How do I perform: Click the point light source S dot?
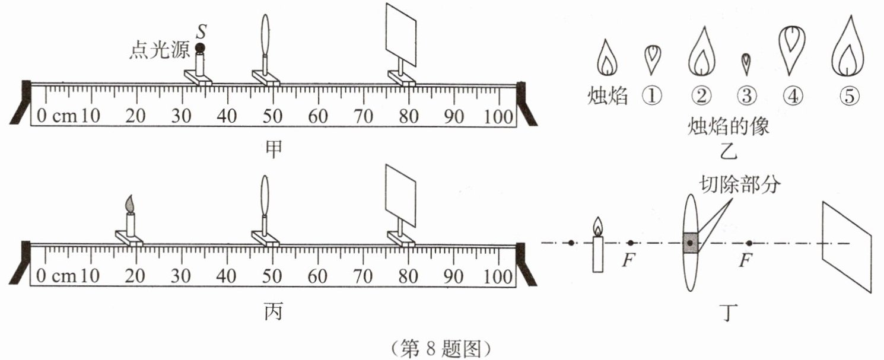coord(200,47)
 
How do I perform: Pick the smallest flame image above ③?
coord(746,62)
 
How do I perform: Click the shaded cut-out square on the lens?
coord(691,243)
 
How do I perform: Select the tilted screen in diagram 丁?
coord(847,246)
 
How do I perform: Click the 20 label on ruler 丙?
coord(136,276)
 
